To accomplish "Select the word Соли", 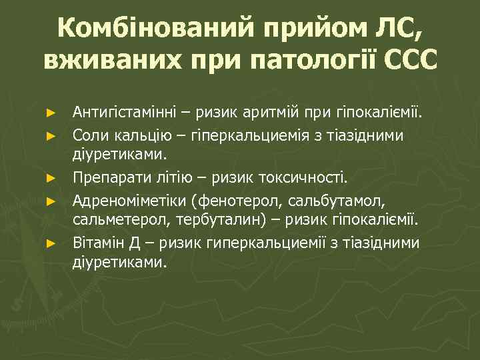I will point(89,134).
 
